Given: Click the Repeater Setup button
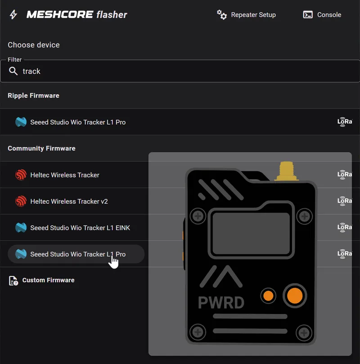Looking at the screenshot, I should click(246, 15).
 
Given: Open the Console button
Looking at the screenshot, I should click(322, 15).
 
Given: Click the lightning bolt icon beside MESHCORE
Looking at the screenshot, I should click(13, 15).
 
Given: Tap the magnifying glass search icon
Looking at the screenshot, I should click(13, 71).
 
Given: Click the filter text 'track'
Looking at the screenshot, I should click(31, 71).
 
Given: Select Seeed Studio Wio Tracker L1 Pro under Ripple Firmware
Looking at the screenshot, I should click(77, 122).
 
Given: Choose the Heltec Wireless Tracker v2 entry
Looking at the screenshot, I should click(69, 201).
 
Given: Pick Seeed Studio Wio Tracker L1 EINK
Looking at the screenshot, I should click(80, 228).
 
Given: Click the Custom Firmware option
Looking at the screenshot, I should click(48, 280).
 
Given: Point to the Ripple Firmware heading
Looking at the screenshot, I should click(33, 96).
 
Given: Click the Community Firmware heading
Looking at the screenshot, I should click(41, 148).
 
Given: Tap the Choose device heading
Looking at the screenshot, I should click(34, 45).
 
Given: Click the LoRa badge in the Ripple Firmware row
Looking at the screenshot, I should click(345, 122).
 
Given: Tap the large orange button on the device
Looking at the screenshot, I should click(295, 296).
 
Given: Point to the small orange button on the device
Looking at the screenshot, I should click(268, 296).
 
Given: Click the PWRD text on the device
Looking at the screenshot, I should click(221, 303).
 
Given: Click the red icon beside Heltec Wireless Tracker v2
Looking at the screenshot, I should click(21, 201).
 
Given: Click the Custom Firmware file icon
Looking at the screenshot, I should click(13, 281).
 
